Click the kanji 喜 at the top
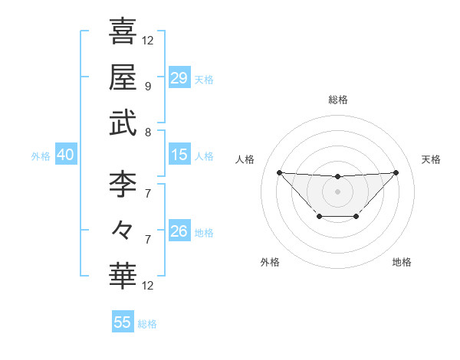pyautogui.click(x=123, y=31)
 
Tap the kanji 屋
pyautogui.click(x=123, y=77)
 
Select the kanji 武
pyautogui.click(x=123, y=123)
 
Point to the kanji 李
pyautogui.click(x=123, y=184)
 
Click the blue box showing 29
pyautogui.click(x=179, y=77)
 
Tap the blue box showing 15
pyautogui.click(x=179, y=155)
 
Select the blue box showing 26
pyautogui.click(x=179, y=231)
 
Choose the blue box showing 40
pyautogui.click(x=65, y=155)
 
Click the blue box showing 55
pyautogui.click(x=123, y=322)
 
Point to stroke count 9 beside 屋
pyautogui.click(x=147, y=86)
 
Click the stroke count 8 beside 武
pyautogui.click(x=147, y=132)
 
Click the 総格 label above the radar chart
pyautogui.click(x=337, y=100)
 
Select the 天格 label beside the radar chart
pyautogui.click(x=432, y=159)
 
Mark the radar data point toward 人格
pyautogui.click(x=279, y=172)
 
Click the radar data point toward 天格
pyautogui.click(x=396, y=172)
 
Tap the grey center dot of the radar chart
pyautogui.click(x=337, y=191)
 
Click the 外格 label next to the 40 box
pyautogui.click(x=41, y=156)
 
